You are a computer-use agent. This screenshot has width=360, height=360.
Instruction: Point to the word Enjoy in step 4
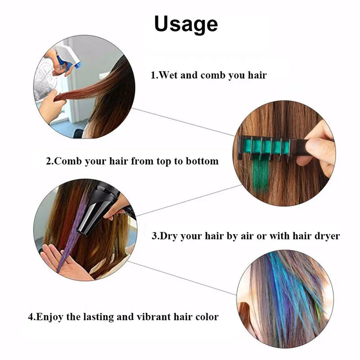pos(49,317)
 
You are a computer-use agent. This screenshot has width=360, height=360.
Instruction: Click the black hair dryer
pos(101,209)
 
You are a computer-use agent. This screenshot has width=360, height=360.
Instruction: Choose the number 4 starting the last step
pos(31,317)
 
